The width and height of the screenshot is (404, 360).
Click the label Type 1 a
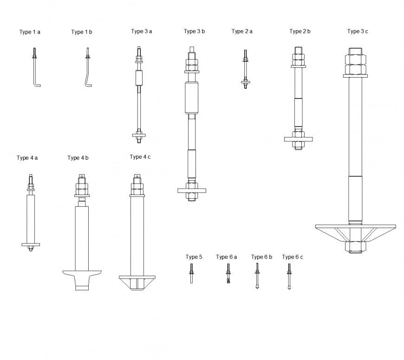click(30, 32)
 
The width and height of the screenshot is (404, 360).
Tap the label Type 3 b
click(194, 32)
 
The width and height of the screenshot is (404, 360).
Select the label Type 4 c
click(140, 157)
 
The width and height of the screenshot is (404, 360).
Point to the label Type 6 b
click(261, 257)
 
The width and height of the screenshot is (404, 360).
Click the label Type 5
click(194, 257)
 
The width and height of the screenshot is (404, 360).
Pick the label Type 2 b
click(300, 32)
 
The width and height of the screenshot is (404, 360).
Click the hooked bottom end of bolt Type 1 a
click(38, 85)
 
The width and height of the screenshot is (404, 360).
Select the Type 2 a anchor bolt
click(245, 70)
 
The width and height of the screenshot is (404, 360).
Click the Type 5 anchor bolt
click(191, 274)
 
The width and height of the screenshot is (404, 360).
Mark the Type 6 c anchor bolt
click(289, 276)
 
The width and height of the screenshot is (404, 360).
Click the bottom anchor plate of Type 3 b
click(191, 190)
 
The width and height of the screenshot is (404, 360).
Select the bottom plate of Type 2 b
click(298, 138)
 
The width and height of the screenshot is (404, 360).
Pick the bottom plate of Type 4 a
click(31, 244)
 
